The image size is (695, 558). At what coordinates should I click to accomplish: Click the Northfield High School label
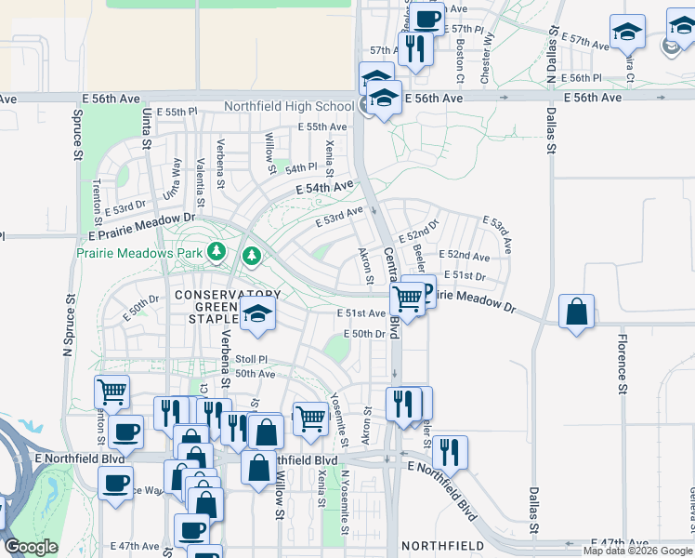289,106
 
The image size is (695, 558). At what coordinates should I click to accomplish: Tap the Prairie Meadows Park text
140,252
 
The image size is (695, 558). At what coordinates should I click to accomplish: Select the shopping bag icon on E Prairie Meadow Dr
577,312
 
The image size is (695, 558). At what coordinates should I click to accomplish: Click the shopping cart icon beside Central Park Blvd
407,299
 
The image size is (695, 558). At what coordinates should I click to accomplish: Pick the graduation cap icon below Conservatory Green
257,315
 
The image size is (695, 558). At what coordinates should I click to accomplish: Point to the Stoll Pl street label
251,359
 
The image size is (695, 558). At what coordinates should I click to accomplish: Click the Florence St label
623,358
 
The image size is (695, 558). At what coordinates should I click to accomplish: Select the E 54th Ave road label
325,188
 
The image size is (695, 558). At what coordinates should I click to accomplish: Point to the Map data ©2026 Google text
637,551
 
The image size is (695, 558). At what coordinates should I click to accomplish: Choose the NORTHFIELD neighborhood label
442,545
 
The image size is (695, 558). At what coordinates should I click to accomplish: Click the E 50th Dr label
364,334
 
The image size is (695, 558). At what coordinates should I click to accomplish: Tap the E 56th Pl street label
582,78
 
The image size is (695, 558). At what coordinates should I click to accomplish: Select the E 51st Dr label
465,276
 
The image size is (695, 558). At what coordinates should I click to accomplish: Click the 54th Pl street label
301,168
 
